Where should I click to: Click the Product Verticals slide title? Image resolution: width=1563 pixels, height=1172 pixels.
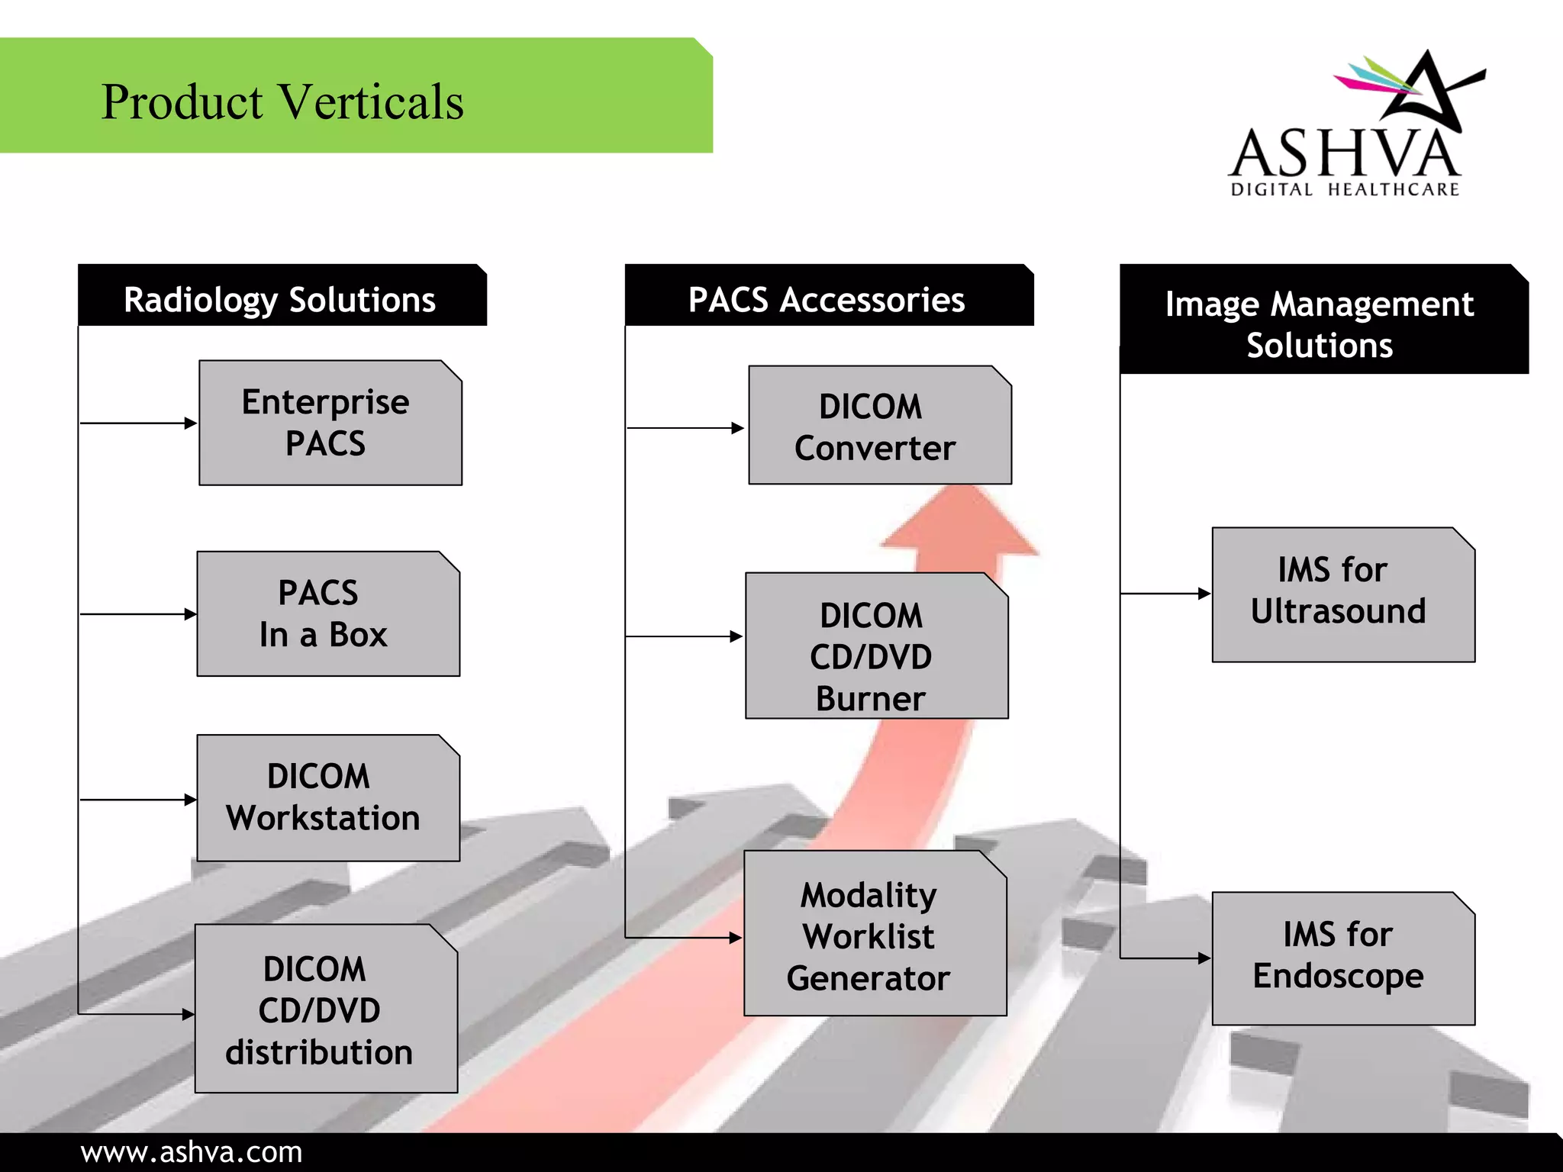(x=282, y=101)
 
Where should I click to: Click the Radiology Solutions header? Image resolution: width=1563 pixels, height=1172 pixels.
(x=280, y=299)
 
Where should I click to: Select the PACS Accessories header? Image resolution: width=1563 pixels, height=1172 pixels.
(x=827, y=299)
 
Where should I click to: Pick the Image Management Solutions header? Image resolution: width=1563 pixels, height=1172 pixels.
(x=1320, y=324)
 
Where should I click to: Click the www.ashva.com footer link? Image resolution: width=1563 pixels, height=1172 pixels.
(x=192, y=1152)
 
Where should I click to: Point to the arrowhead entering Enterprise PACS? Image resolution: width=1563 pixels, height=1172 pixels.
(x=191, y=423)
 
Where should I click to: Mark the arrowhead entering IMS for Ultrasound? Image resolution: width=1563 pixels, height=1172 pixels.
(x=1204, y=594)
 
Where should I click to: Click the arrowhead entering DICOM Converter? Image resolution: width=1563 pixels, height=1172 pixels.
(x=738, y=428)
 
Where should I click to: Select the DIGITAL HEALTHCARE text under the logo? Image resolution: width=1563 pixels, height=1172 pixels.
(x=1345, y=189)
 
